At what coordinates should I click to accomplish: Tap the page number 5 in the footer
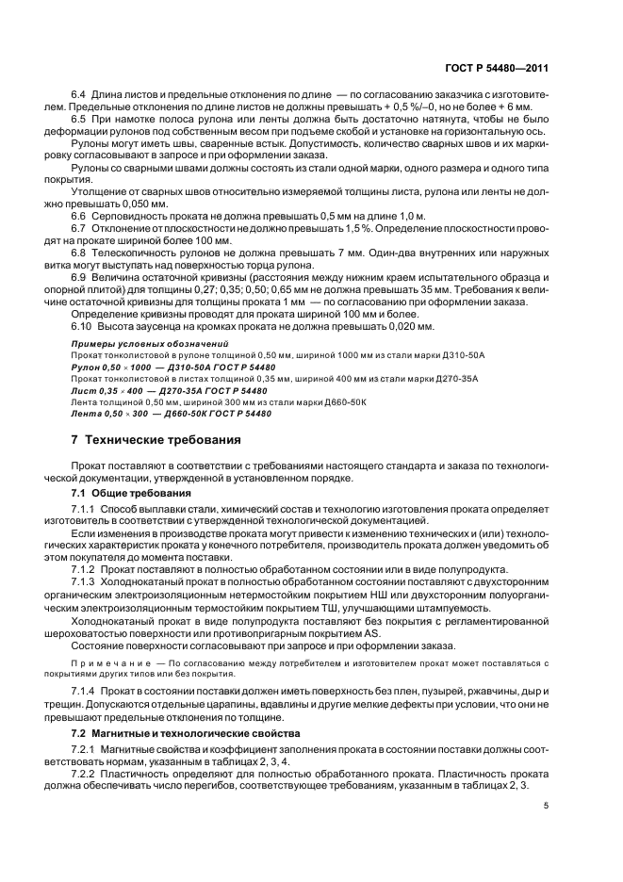548,805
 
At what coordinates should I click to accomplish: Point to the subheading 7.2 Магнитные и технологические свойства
187,732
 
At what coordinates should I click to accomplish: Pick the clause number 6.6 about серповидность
79,216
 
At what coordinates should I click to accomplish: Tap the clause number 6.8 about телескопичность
79,253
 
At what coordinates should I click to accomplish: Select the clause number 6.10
82,326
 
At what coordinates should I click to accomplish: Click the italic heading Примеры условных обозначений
138,345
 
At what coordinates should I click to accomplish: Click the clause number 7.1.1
85,509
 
